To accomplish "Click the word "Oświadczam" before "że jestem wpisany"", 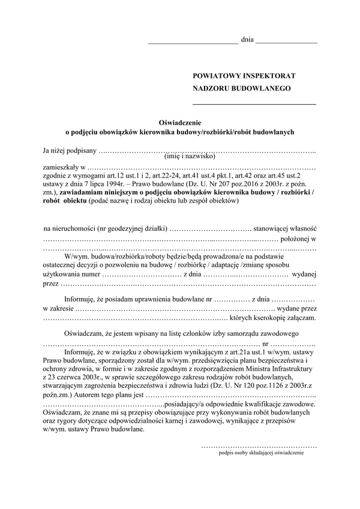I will [x=84, y=333].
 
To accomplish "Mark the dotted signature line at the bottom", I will [x=259, y=447].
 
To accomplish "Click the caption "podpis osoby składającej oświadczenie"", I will [x=262, y=454].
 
